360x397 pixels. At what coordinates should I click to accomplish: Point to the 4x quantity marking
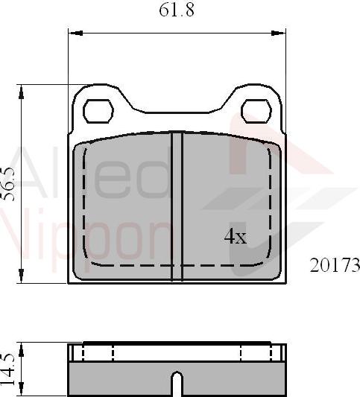236,237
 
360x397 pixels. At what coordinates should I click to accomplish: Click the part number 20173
335,265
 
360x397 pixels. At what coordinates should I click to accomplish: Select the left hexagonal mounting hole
97,112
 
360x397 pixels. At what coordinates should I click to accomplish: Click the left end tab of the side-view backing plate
74,352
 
